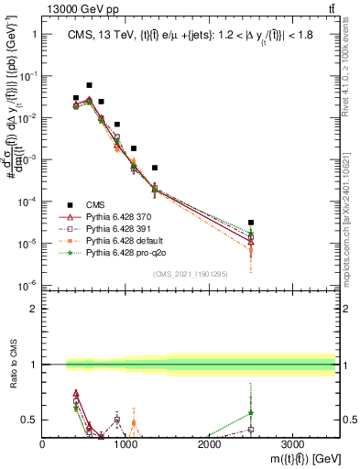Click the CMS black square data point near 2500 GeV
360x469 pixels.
251,223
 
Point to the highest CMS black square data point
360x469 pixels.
89,85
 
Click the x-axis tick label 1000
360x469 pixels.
125,443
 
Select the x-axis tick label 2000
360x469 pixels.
209,443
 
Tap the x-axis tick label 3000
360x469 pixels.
292,443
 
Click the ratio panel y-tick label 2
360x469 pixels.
33,309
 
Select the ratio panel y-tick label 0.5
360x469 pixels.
30,420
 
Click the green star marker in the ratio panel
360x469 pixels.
251,413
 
